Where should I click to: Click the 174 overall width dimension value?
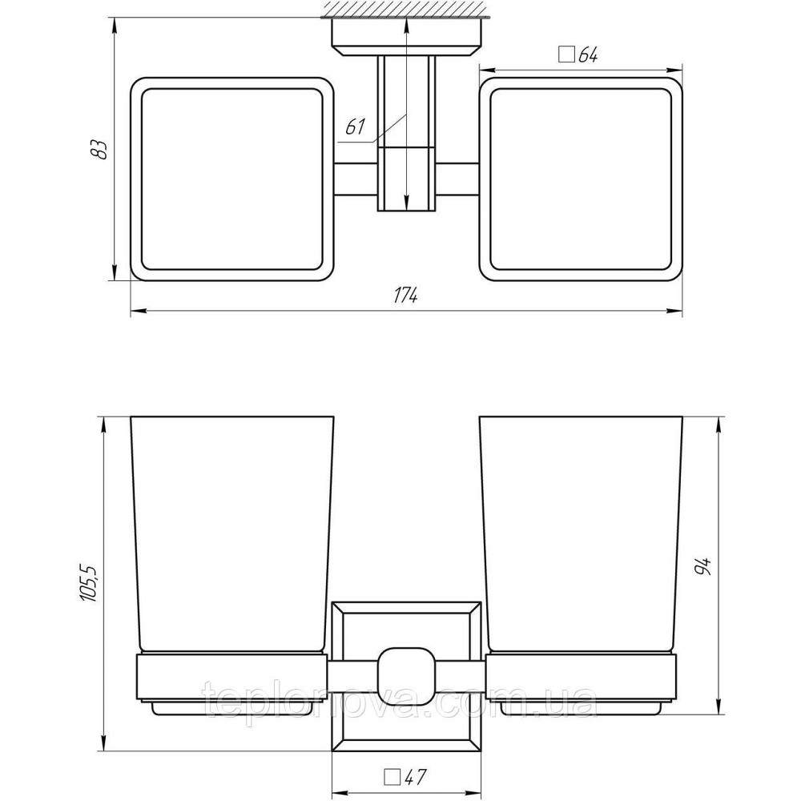click(405, 296)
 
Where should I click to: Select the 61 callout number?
click(356, 127)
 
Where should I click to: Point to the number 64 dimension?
click(588, 54)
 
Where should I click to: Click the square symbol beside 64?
click(566, 54)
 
